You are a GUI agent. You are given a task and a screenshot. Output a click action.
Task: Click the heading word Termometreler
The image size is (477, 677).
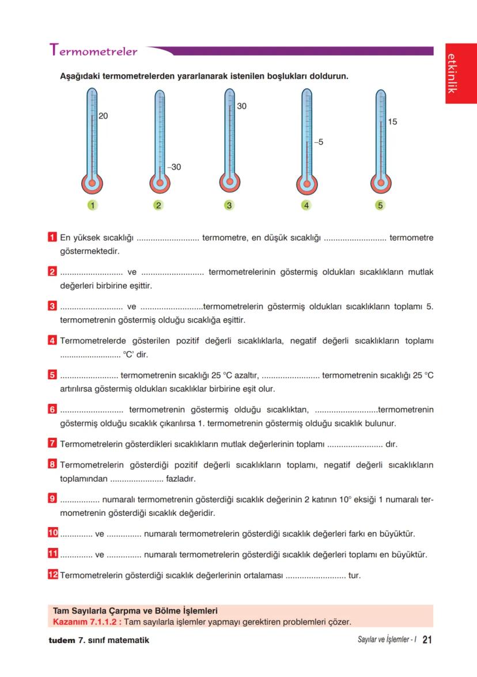click(94, 51)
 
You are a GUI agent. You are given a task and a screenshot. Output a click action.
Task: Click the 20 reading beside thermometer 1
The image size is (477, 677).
click(103, 116)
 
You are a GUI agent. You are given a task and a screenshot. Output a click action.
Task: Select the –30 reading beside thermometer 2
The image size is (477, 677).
click(173, 167)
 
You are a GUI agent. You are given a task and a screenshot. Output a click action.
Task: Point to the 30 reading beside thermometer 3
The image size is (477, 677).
click(241, 107)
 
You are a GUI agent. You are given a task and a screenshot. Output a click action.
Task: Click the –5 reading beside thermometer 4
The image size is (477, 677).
click(318, 142)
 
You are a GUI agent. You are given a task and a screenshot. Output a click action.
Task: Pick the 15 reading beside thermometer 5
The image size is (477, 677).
click(392, 122)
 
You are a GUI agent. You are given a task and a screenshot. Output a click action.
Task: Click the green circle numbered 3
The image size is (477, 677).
click(229, 205)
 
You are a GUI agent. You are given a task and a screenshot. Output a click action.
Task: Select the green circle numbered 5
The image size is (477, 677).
click(380, 205)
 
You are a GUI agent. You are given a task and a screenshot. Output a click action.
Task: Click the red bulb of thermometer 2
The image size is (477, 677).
click(160, 183)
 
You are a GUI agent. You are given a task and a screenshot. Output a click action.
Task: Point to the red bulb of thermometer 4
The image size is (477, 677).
click(306, 184)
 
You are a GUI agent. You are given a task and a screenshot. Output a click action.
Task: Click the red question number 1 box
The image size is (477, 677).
click(52, 237)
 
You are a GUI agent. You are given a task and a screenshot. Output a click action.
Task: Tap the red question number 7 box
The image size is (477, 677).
click(52, 444)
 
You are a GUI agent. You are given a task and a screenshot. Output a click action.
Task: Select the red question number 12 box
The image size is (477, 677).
click(53, 574)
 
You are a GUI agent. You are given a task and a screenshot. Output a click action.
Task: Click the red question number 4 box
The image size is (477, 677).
click(52, 341)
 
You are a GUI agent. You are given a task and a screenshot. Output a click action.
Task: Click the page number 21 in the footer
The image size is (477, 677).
click(427, 640)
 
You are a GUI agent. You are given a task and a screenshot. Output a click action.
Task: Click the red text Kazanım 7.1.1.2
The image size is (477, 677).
click(87, 622)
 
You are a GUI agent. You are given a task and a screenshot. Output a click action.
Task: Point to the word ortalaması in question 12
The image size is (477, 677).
click(263, 575)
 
